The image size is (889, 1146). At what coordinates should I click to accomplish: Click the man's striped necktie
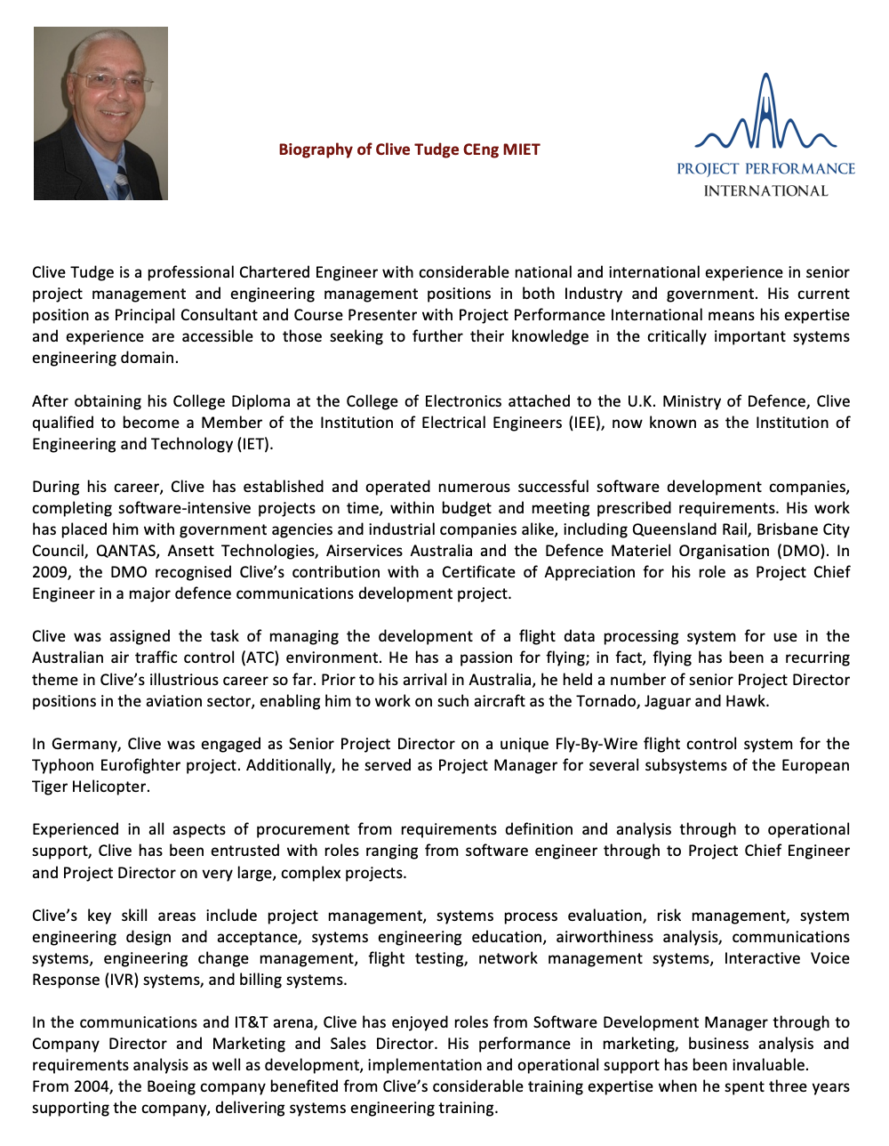click(x=122, y=182)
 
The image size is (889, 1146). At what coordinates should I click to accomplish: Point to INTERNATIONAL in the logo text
click(x=765, y=190)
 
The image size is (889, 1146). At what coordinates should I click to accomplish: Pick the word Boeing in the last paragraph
click(x=171, y=1086)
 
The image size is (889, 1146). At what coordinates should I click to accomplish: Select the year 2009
click(x=50, y=572)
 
